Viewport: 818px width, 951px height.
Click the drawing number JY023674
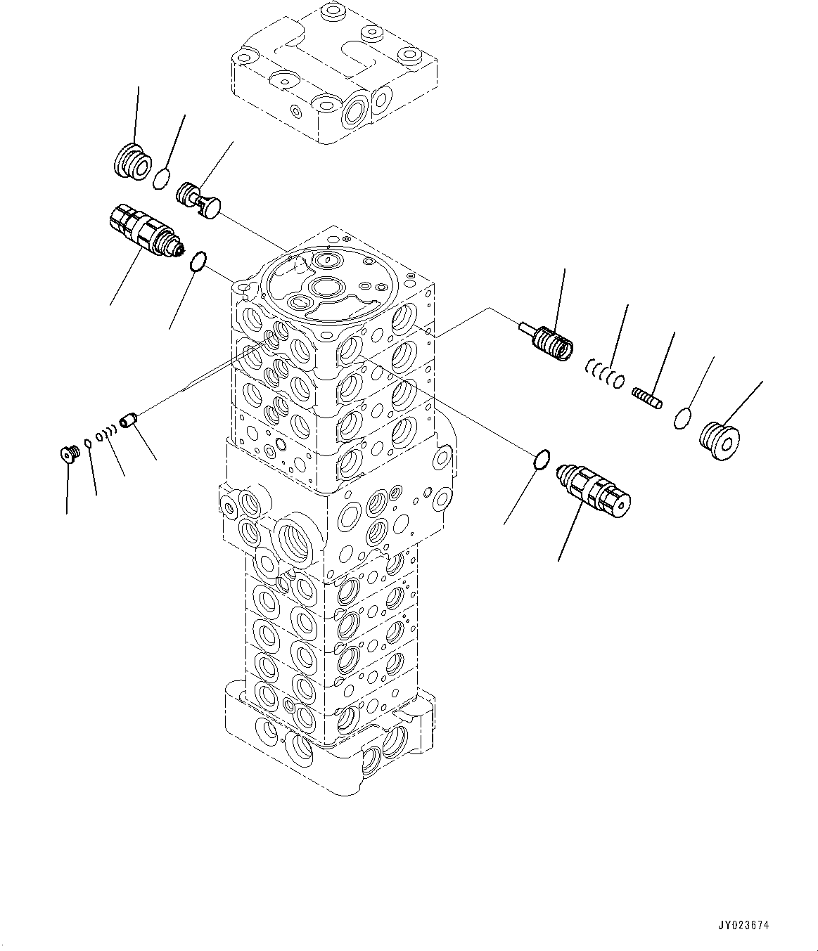coord(744,925)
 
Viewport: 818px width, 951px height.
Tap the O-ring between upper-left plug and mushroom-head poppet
coord(162,179)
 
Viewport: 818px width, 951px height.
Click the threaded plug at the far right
coord(720,441)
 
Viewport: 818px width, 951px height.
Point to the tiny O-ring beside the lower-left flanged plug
coord(88,443)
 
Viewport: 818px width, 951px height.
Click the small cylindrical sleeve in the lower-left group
coord(127,421)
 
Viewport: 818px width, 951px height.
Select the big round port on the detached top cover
coord(356,110)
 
